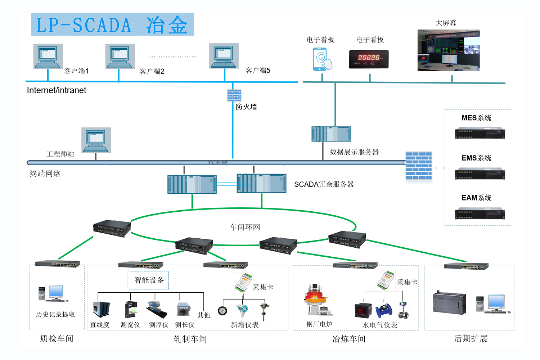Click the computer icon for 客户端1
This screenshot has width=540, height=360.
click(48, 56)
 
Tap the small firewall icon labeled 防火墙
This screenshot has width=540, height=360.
click(234, 95)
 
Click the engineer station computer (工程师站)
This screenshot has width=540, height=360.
click(96, 140)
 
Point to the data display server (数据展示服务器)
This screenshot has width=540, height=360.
click(331, 134)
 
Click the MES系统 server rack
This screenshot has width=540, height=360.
click(480, 133)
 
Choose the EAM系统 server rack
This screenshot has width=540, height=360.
click(480, 213)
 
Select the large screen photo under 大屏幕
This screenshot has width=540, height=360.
click(449, 50)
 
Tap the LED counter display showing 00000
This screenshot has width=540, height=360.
click(369, 59)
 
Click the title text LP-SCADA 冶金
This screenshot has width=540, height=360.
click(112, 25)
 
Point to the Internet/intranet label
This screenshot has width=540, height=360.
click(57, 90)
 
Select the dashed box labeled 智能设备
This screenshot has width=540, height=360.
click(148, 280)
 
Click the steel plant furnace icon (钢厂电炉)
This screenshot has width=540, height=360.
click(317, 301)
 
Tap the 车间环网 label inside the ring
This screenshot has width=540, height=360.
click(245, 227)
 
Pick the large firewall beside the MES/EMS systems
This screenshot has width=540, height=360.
click(418, 166)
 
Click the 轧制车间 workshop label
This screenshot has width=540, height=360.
click(190, 339)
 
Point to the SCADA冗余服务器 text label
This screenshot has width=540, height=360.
click(324, 184)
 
